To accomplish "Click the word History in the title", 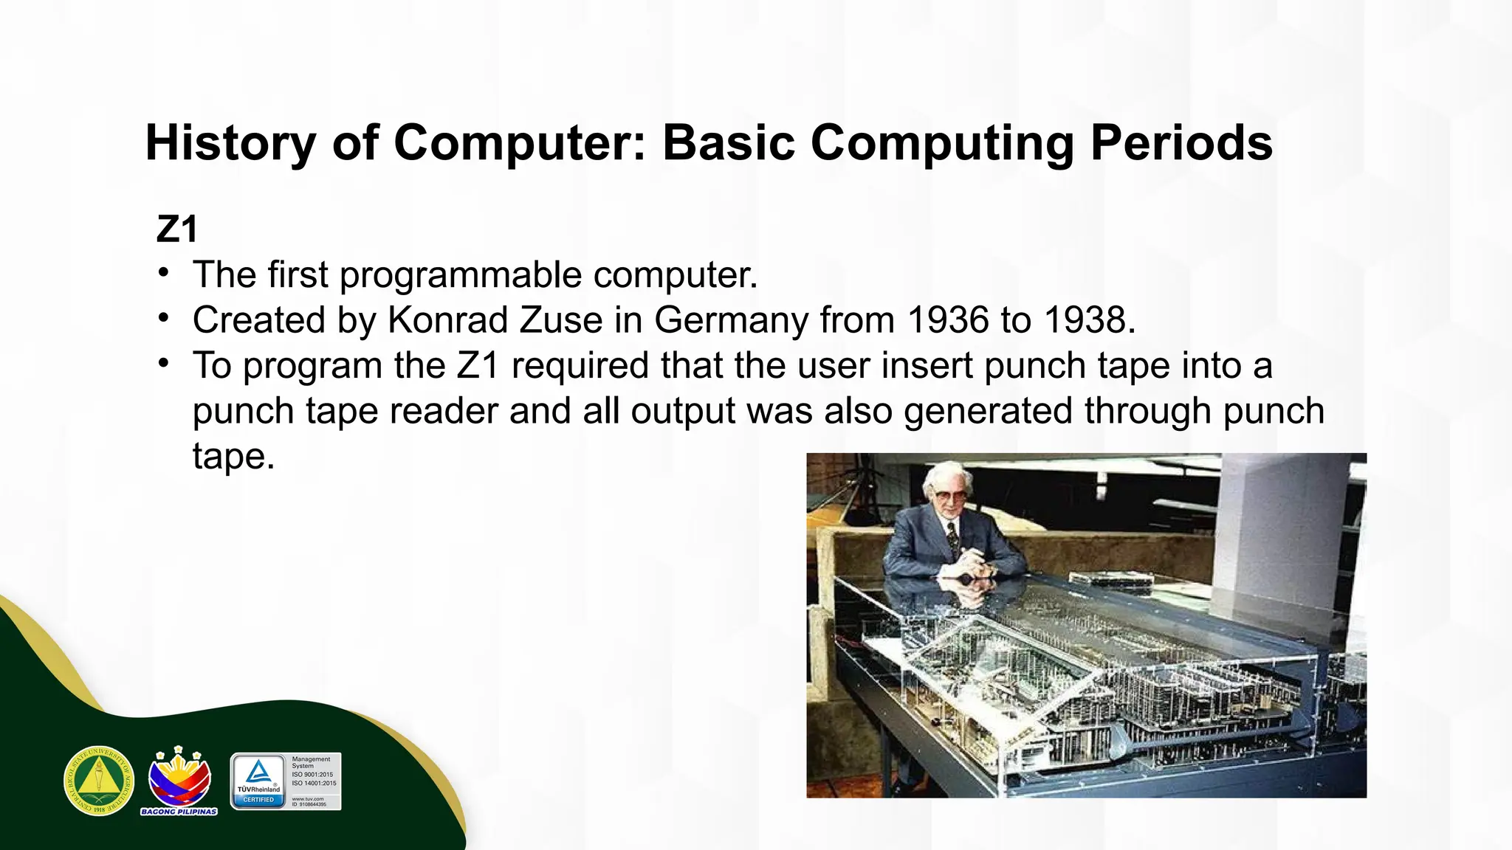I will pyautogui.click(x=230, y=142).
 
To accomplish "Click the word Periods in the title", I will pyautogui.click(x=1181, y=142).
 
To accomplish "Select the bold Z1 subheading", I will pyautogui.click(x=177, y=229).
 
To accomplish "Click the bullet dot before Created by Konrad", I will pyautogui.click(x=164, y=319).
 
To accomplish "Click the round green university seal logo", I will pyautogui.click(x=99, y=781).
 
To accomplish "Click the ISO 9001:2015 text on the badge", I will pyautogui.click(x=312, y=775).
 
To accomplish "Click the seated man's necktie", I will pyautogui.click(x=953, y=538).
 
